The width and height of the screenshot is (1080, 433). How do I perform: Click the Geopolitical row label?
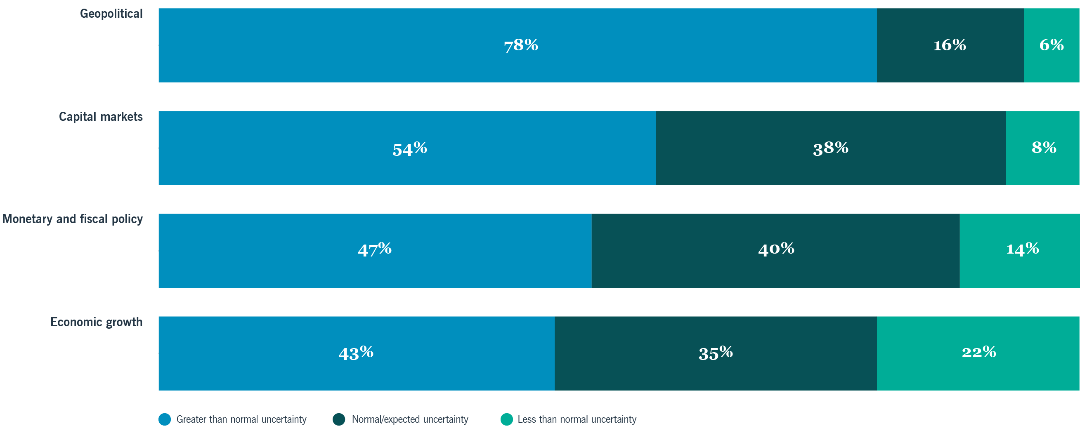(x=111, y=14)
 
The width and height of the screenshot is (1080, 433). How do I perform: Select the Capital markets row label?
(x=101, y=117)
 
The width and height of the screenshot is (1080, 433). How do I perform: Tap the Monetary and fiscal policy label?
(x=73, y=219)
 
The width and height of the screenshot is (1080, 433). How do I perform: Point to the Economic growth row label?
(x=97, y=322)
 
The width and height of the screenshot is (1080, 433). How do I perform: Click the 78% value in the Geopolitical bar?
(x=521, y=45)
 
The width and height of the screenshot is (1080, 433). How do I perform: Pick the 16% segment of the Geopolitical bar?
(x=950, y=45)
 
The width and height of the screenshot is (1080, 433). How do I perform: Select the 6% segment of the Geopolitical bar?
(x=1052, y=45)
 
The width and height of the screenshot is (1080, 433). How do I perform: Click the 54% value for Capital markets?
(x=410, y=148)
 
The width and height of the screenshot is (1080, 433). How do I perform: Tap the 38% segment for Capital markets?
(x=831, y=148)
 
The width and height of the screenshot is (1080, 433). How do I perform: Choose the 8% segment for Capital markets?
(x=1044, y=148)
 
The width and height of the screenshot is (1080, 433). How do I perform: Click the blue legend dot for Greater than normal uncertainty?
(x=165, y=419)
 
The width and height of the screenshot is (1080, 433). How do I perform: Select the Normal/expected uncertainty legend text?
(x=410, y=419)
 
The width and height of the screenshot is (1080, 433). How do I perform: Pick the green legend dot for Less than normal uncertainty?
(x=506, y=419)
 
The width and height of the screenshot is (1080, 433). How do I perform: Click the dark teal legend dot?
(x=339, y=419)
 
